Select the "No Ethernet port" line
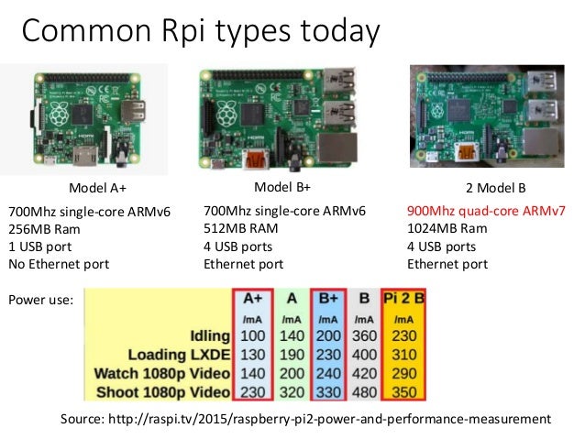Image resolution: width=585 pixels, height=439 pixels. coord(59,264)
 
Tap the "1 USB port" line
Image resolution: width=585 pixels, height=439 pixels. coord(40,247)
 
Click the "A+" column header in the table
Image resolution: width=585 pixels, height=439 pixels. coord(252,298)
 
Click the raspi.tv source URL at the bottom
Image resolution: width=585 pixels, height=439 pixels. coord(305,419)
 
